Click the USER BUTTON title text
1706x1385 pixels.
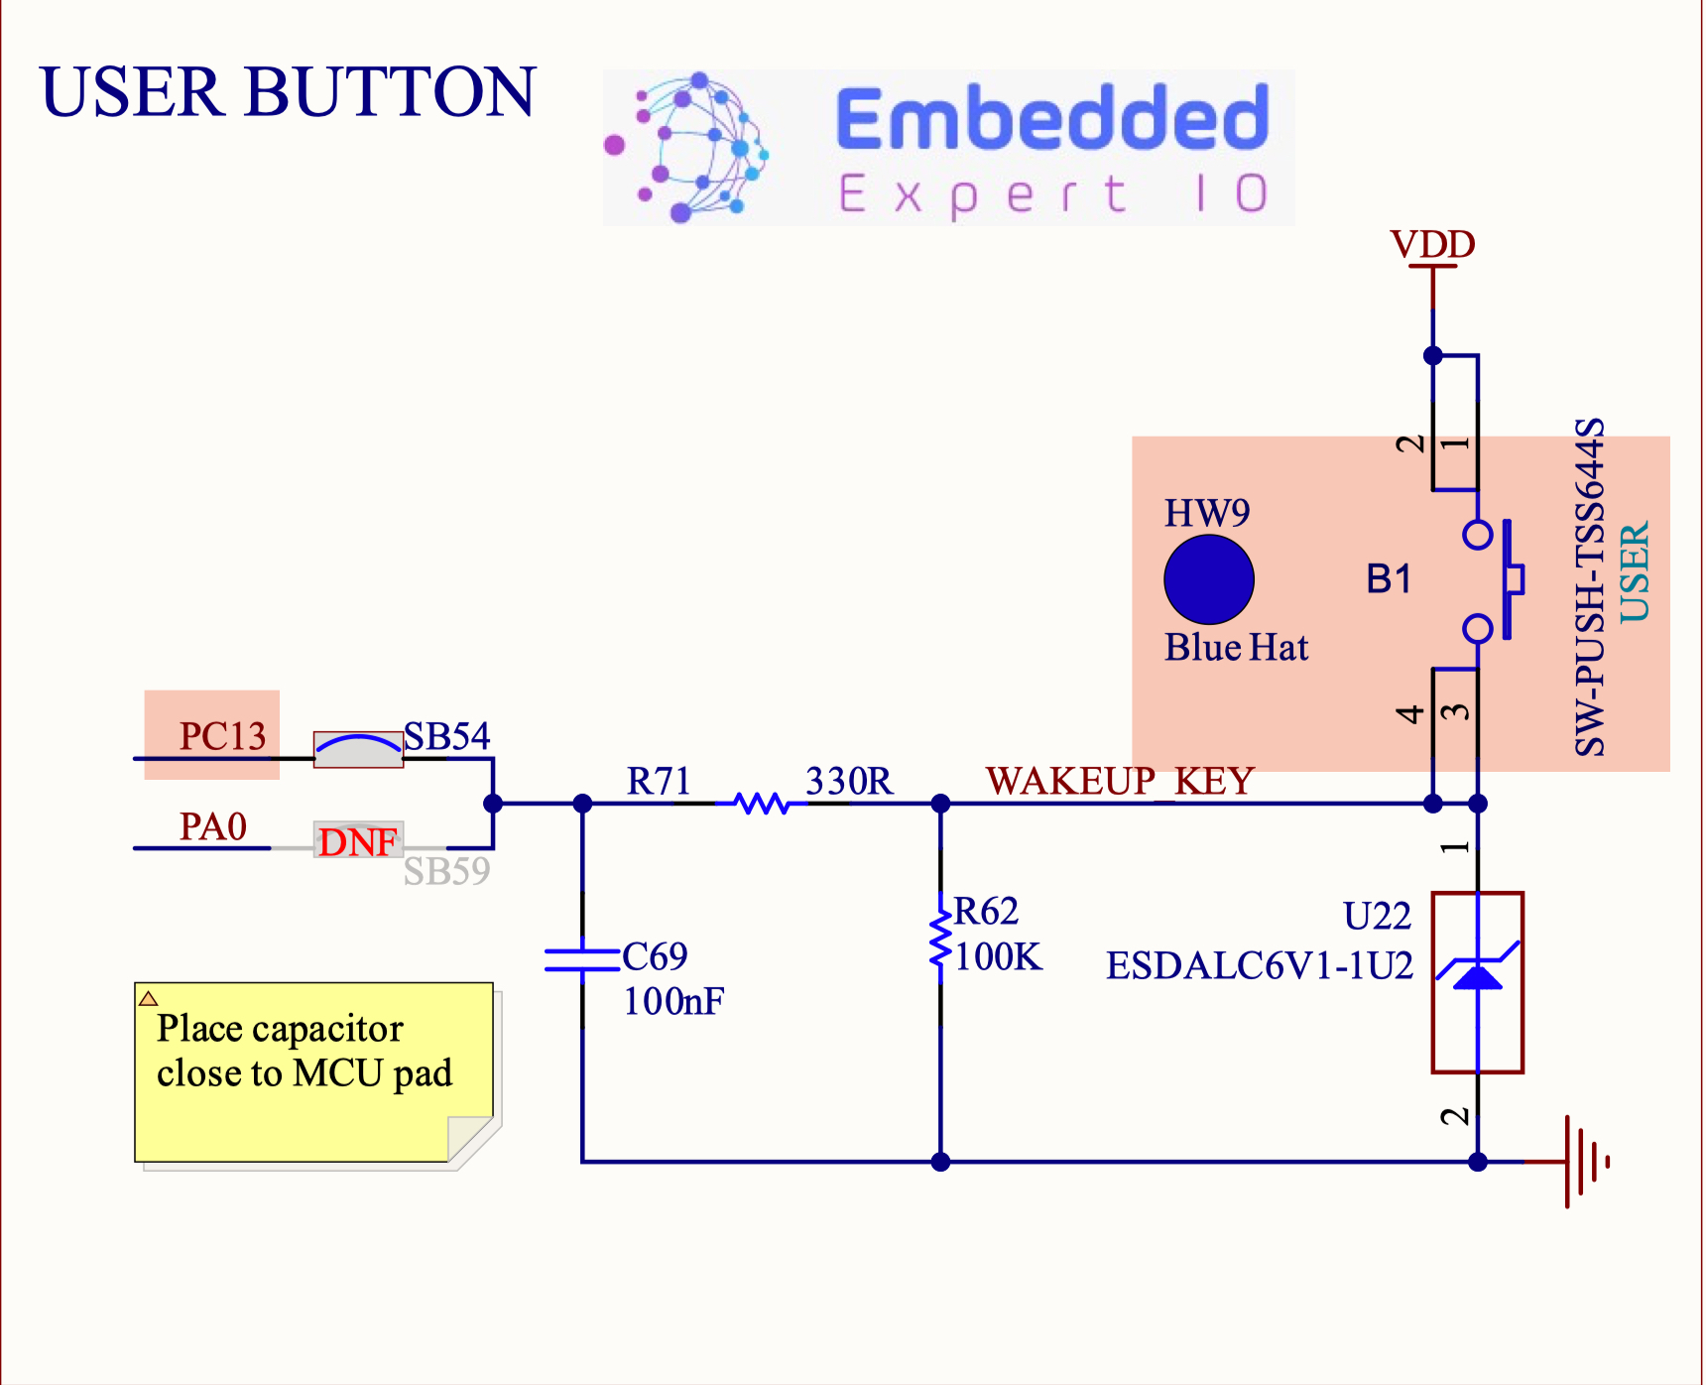[x=288, y=92]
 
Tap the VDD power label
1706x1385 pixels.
[x=1432, y=244]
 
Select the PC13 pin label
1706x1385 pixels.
[x=222, y=736]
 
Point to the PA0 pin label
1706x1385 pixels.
[x=212, y=826]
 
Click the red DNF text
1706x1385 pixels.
[x=357, y=842]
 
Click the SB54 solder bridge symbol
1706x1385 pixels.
[x=358, y=749]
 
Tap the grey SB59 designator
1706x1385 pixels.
[x=446, y=872]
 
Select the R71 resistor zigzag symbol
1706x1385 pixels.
[x=762, y=803]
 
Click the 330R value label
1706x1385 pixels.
[x=849, y=781]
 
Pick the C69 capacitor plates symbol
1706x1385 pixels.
[x=582, y=958]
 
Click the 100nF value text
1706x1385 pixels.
[x=673, y=1002]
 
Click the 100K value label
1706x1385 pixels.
[x=998, y=957]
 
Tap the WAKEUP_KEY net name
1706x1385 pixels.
[x=1120, y=781]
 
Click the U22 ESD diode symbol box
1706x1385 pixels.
[x=1477, y=982]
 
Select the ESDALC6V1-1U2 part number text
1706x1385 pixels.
[x=1259, y=965]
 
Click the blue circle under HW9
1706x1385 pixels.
[x=1208, y=579]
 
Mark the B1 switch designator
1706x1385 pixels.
[x=1388, y=578]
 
